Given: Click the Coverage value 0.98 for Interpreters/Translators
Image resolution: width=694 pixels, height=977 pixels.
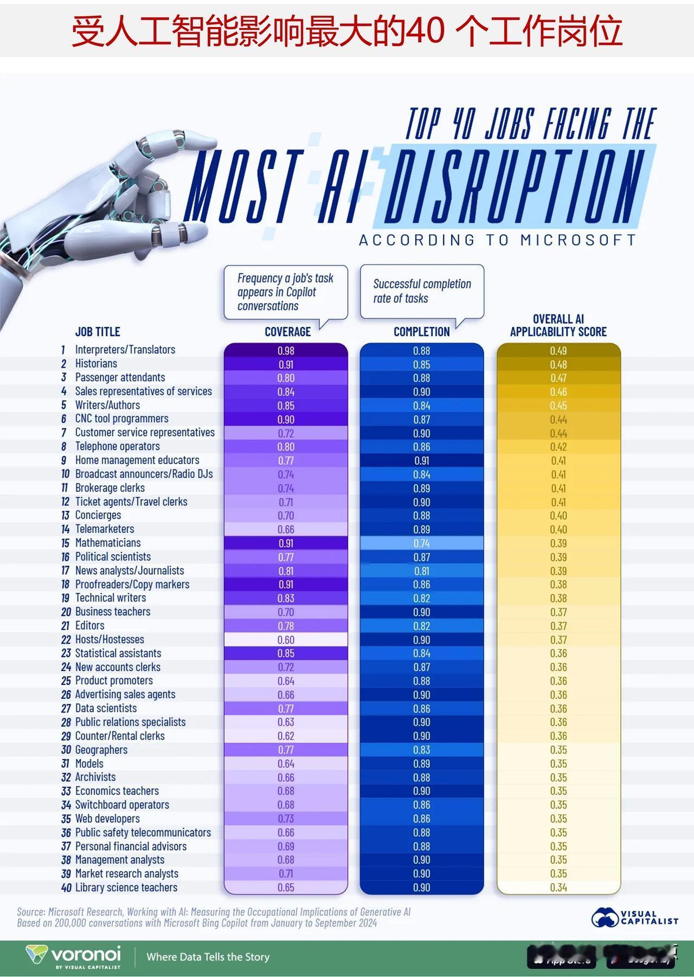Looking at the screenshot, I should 286,351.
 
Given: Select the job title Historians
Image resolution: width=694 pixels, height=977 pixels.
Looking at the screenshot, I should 96,364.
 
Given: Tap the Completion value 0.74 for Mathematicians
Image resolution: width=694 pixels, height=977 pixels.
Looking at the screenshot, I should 421,543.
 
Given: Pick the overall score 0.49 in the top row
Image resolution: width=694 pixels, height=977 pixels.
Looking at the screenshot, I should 558,351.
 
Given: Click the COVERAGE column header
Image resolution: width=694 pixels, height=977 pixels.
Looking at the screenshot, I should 287,332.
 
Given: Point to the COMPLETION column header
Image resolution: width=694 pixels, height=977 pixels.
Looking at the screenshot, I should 421,332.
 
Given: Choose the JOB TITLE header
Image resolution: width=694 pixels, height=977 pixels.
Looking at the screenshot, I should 98,332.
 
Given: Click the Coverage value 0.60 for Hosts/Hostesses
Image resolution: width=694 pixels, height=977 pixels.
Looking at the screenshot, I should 286,640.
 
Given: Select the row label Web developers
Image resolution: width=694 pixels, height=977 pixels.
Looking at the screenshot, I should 107,819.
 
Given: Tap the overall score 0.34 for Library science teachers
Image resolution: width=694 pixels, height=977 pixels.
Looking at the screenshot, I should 558,888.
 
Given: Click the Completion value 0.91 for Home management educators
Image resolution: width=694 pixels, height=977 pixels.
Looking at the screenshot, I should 421,461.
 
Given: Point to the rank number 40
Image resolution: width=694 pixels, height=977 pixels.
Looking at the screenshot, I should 66,888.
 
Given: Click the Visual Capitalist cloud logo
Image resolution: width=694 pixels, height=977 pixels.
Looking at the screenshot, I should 605,917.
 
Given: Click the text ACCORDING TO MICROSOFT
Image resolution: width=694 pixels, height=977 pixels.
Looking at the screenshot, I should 497,240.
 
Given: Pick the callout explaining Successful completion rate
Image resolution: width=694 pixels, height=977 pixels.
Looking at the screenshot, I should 422,291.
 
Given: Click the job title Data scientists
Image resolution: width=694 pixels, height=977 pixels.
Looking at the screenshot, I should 106,708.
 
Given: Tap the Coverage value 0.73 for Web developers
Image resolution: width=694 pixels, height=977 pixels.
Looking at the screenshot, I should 286,819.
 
